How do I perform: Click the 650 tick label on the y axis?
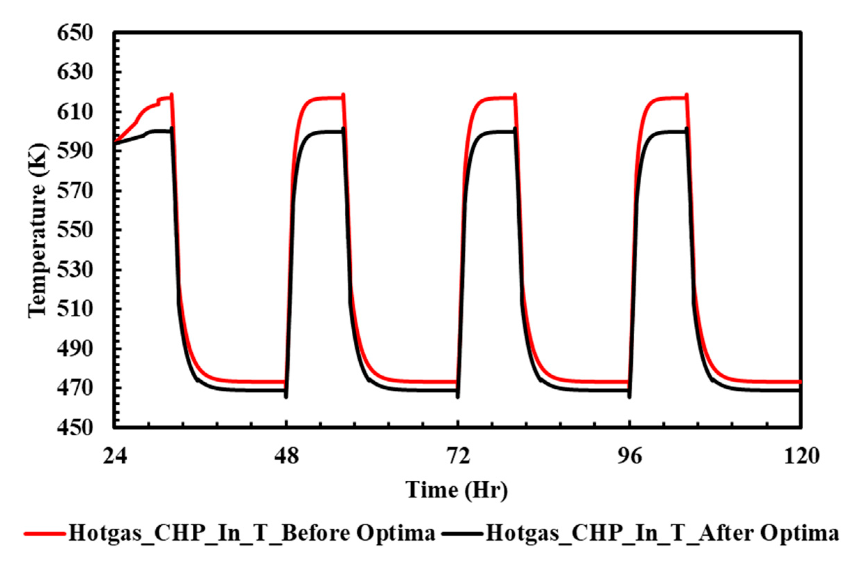tap(75, 33)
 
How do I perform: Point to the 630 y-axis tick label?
tap(75, 73)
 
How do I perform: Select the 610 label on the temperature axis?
tap(75, 112)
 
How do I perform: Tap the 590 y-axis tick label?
tap(75, 152)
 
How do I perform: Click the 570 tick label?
tap(75, 191)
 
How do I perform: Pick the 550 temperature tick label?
tap(75, 231)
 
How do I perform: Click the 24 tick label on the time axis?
tap(115, 457)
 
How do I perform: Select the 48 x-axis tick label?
tap(287, 457)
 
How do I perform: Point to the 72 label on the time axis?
tap(458, 457)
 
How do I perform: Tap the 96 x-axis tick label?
tap(630, 457)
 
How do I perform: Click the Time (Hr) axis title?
tap(457, 490)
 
